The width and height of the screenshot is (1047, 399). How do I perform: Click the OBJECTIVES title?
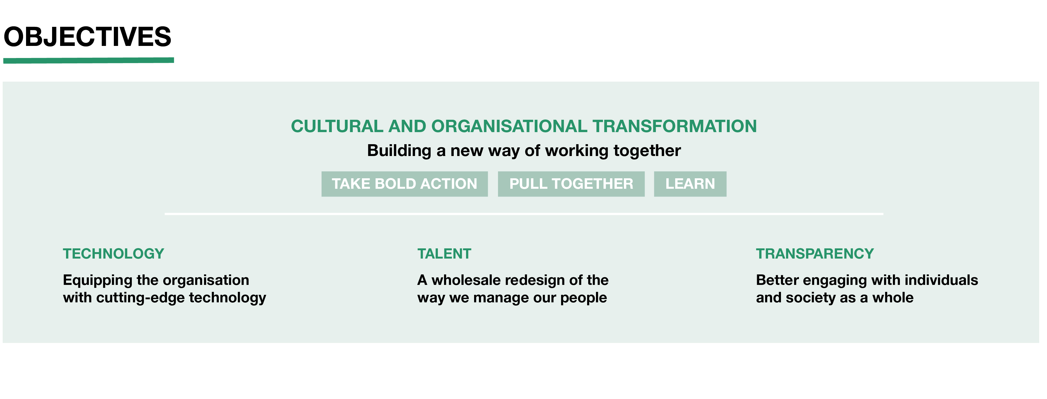click(88, 37)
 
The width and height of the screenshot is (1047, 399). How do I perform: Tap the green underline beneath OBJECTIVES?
click(89, 60)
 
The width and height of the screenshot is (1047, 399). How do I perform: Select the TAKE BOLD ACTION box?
click(404, 184)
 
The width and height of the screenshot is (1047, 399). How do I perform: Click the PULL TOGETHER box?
click(571, 184)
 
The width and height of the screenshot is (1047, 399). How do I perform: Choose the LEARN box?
click(690, 184)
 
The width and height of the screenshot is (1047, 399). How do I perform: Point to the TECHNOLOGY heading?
click(113, 254)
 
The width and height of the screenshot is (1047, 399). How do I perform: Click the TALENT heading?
click(444, 254)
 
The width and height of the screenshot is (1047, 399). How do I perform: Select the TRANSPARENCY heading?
click(815, 254)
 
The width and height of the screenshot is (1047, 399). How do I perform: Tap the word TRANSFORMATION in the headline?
click(675, 126)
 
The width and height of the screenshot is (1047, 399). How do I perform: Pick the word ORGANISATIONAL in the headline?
click(509, 126)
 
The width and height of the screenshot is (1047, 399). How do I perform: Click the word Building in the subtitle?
click(399, 151)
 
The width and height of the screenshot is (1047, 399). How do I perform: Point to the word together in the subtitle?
click(647, 151)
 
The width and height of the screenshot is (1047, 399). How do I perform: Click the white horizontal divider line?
click(524, 214)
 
